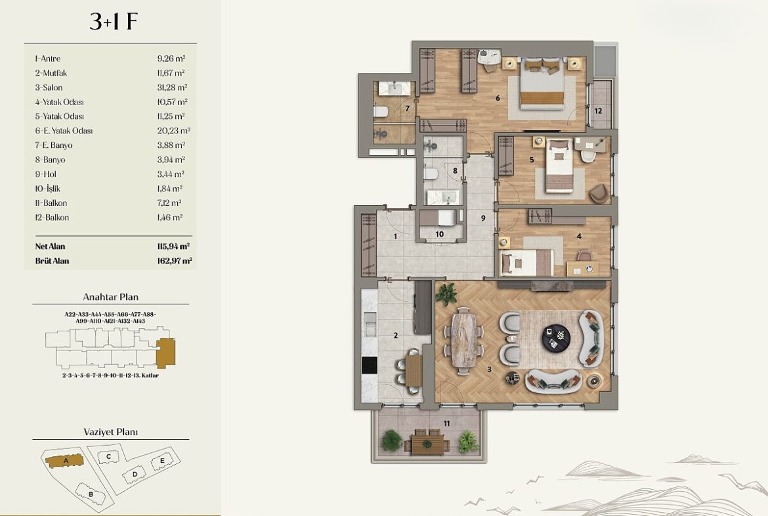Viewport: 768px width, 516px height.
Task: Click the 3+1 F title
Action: pyautogui.click(x=113, y=22)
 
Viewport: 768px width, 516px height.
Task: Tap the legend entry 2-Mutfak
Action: pyautogui.click(x=51, y=73)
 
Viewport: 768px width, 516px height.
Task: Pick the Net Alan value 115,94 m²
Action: pyautogui.click(x=173, y=246)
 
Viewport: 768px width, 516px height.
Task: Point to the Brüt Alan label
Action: pyautogui.click(x=52, y=261)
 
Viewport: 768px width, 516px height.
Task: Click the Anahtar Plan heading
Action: pyautogui.click(x=111, y=296)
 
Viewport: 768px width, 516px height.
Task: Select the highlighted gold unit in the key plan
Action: pyautogui.click(x=165, y=353)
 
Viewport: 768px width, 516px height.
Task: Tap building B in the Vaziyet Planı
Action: pyautogui.click(x=91, y=494)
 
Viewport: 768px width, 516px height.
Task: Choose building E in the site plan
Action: pyautogui.click(x=163, y=461)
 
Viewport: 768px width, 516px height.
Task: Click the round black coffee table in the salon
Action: pyautogui.click(x=556, y=338)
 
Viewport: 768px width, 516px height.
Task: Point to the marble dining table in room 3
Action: pyautogui.click(x=463, y=339)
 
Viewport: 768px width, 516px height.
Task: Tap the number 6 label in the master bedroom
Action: pyautogui.click(x=498, y=98)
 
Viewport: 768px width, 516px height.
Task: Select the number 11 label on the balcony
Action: pyautogui.click(x=447, y=423)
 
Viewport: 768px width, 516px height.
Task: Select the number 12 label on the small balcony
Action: pyautogui.click(x=598, y=111)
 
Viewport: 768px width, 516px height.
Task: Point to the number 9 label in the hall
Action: pyautogui.click(x=483, y=218)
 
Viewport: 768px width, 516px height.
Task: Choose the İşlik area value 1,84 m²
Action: pyautogui.click(x=170, y=189)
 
